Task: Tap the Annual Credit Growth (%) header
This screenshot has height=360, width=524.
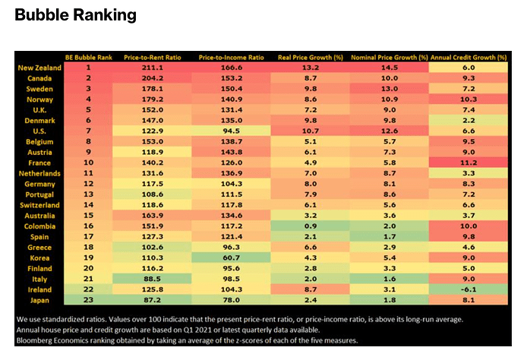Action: tap(468, 57)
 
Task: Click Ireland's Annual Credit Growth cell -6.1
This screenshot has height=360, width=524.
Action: tap(468, 289)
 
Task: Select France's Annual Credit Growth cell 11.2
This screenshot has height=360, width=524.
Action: tap(468, 163)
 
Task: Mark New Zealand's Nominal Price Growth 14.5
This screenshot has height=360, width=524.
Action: tap(390, 68)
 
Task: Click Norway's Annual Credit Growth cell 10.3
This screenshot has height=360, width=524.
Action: tap(468, 99)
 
